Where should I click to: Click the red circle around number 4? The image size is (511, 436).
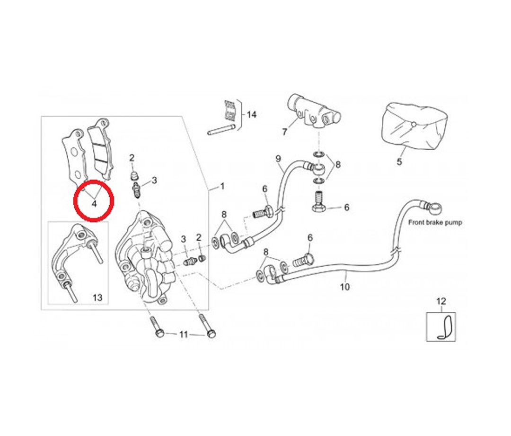pos(94,201)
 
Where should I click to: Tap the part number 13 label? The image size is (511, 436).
pos(97,298)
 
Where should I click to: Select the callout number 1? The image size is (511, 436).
pos(222,186)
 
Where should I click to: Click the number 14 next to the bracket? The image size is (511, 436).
pos(252,115)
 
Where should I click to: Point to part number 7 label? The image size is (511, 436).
pos(284,132)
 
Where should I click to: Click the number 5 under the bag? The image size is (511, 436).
pos(399,162)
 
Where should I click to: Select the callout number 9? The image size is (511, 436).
pos(278,158)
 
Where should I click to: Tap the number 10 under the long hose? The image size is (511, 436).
pos(345,287)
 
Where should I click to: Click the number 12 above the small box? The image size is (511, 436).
pos(441,301)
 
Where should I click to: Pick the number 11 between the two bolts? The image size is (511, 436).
pos(184,335)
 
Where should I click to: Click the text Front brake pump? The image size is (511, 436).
pos(435,222)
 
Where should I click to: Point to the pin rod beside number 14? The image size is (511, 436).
pos(222,129)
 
